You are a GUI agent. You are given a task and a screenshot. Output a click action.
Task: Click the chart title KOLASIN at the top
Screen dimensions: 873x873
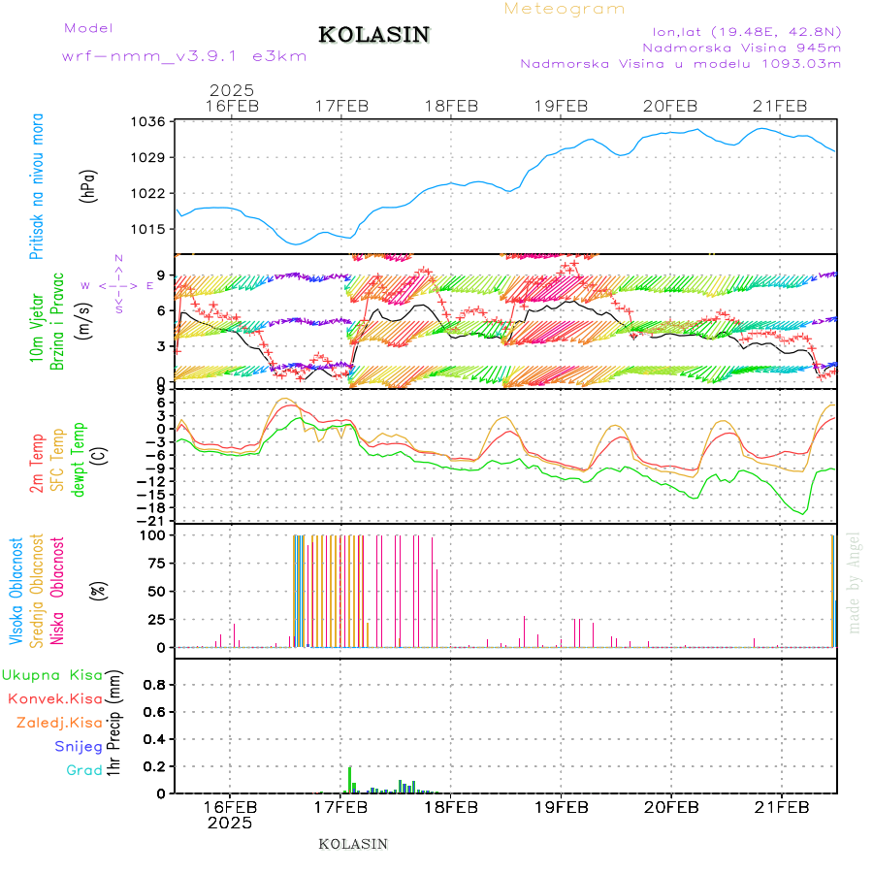(x=373, y=35)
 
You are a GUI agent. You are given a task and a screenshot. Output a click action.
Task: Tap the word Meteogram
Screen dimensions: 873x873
(x=565, y=9)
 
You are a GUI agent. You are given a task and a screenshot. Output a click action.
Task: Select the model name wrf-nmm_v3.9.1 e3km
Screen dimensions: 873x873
(x=184, y=56)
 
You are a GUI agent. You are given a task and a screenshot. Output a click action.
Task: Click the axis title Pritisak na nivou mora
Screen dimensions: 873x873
(x=37, y=185)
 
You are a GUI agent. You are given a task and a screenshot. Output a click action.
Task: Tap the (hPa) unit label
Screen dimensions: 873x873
(x=89, y=185)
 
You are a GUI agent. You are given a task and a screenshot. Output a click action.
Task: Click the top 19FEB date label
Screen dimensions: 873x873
(x=561, y=106)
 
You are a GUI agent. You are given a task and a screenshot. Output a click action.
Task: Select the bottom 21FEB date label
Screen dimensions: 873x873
(x=781, y=807)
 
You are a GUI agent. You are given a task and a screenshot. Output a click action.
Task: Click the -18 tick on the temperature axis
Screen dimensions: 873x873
(x=154, y=507)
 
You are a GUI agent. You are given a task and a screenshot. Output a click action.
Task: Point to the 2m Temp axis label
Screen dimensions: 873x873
(x=37, y=465)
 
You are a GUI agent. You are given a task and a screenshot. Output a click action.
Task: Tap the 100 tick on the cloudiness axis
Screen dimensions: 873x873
(x=155, y=534)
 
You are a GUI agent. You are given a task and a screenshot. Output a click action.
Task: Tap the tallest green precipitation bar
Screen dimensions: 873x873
(x=350, y=779)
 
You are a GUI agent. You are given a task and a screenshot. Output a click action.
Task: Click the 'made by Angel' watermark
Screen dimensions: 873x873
(x=854, y=582)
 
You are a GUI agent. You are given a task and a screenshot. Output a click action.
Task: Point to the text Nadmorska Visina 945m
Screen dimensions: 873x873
(x=741, y=47)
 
